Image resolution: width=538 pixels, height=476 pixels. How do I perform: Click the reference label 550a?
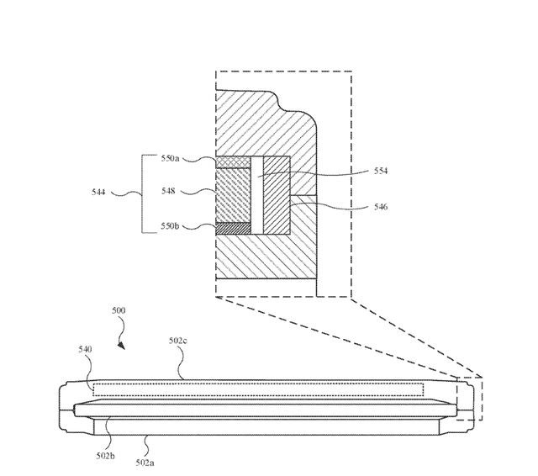click(171, 158)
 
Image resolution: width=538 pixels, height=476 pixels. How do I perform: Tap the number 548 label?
click(170, 191)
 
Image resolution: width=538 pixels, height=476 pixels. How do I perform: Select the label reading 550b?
click(171, 225)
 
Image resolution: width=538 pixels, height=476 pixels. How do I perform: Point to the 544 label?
click(99, 192)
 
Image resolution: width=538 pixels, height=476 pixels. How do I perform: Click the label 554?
click(381, 171)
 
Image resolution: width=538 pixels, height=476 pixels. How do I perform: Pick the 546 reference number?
click(381, 207)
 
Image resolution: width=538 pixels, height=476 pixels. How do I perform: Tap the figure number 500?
click(119, 310)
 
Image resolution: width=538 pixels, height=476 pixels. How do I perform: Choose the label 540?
click(85, 348)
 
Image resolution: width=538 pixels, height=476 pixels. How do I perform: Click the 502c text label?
click(177, 340)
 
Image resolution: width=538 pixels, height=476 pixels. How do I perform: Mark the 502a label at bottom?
click(145, 462)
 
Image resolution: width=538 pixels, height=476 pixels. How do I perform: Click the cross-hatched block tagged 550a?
click(233, 161)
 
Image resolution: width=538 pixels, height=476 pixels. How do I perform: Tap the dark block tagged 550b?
click(233, 227)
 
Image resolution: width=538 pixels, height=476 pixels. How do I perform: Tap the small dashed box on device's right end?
click(469, 399)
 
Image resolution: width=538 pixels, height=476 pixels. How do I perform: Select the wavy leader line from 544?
click(125, 193)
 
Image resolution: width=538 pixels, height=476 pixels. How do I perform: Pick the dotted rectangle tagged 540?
click(259, 389)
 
